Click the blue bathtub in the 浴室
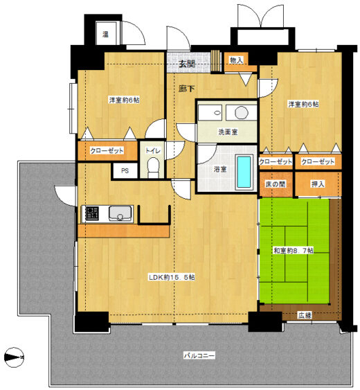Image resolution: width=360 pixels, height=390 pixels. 244,172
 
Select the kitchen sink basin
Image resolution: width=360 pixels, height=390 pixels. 120,213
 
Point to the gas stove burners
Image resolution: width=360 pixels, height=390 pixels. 91,213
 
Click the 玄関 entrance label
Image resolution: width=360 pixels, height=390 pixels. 187,64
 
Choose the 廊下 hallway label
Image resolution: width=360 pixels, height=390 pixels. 186,88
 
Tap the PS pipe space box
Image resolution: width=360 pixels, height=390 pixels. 125,170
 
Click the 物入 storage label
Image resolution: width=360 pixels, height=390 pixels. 236,60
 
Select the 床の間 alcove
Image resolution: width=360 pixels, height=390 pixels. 276,184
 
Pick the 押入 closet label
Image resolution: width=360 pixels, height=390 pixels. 318,184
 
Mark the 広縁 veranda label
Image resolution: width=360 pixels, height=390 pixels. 305,315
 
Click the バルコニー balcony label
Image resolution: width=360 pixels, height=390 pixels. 199,355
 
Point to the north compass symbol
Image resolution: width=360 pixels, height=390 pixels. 14,357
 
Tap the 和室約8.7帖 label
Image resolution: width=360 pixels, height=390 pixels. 294,251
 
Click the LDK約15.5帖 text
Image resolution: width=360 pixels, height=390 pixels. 172,277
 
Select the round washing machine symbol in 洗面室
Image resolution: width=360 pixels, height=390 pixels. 242,112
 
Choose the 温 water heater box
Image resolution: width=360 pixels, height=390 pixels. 106,33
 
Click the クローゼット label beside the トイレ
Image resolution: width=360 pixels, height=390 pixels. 107,150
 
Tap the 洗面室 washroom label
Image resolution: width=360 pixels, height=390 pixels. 228,132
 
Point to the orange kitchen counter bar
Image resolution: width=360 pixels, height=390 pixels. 123,231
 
